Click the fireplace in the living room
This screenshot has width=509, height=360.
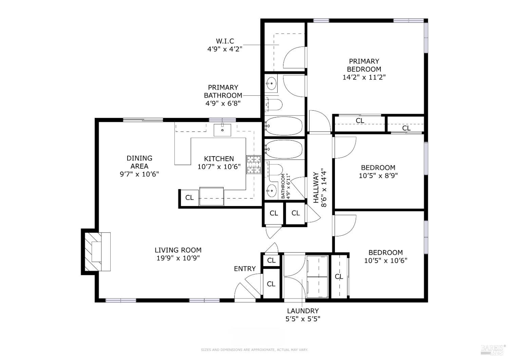click(x=97, y=251)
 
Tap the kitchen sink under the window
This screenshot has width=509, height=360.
click(x=222, y=130)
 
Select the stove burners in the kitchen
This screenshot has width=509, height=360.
click(x=253, y=165)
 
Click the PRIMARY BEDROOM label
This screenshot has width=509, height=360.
click(x=364, y=65)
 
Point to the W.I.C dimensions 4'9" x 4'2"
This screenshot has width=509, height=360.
click(x=225, y=49)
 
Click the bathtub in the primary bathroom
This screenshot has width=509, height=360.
click(x=284, y=126)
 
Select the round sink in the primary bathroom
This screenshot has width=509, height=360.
click(x=271, y=83)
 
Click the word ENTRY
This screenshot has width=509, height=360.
click(x=245, y=269)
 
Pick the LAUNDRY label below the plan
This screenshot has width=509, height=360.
click(x=303, y=311)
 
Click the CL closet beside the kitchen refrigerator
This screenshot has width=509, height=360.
click(x=189, y=197)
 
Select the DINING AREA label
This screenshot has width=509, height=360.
click(x=139, y=162)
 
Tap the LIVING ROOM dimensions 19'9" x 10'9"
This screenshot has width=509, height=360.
click(x=178, y=258)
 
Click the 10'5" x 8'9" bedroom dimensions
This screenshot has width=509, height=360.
click(x=378, y=176)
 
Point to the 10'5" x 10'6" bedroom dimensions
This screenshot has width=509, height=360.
click(x=385, y=260)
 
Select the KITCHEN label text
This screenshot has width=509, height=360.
click(x=219, y=159)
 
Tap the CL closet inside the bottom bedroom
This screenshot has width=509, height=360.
click(x=339, y=276)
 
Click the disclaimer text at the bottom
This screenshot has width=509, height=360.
click(x=254, y=349)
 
